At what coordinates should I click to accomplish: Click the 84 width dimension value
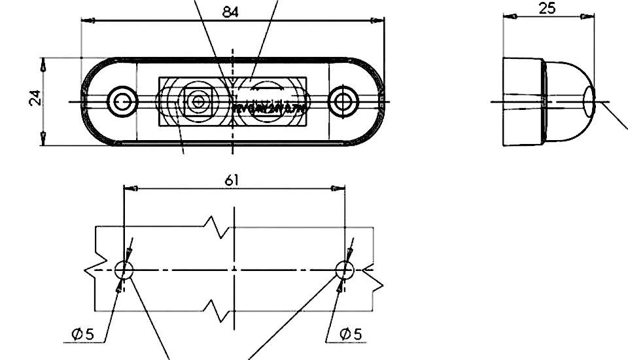pos(230,12)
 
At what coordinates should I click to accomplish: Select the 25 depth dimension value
pos(547,9)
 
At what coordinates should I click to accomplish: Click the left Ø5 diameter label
pos(83,334)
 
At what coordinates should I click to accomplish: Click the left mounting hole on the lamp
pos(122,101)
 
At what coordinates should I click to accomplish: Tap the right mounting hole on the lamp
pos(341,101)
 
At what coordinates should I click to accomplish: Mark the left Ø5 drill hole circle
pos(124,269)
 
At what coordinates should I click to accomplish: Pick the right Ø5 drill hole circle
pos(345,269)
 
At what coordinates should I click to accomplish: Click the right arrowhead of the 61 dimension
pos(340,189)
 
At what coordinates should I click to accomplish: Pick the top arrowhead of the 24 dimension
pos(43,64)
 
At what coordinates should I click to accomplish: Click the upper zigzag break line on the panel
pos(218,227)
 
